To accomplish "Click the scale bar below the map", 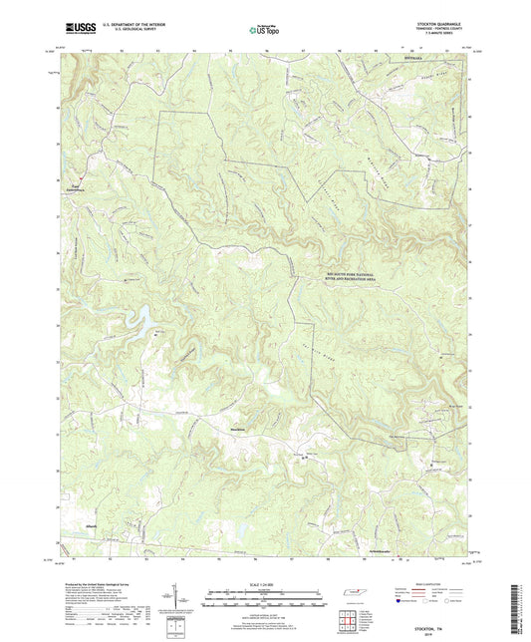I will pyautogui.click(x=263, y=600).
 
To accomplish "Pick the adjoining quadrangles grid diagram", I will pyautogui.click(x=347, y=620).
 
